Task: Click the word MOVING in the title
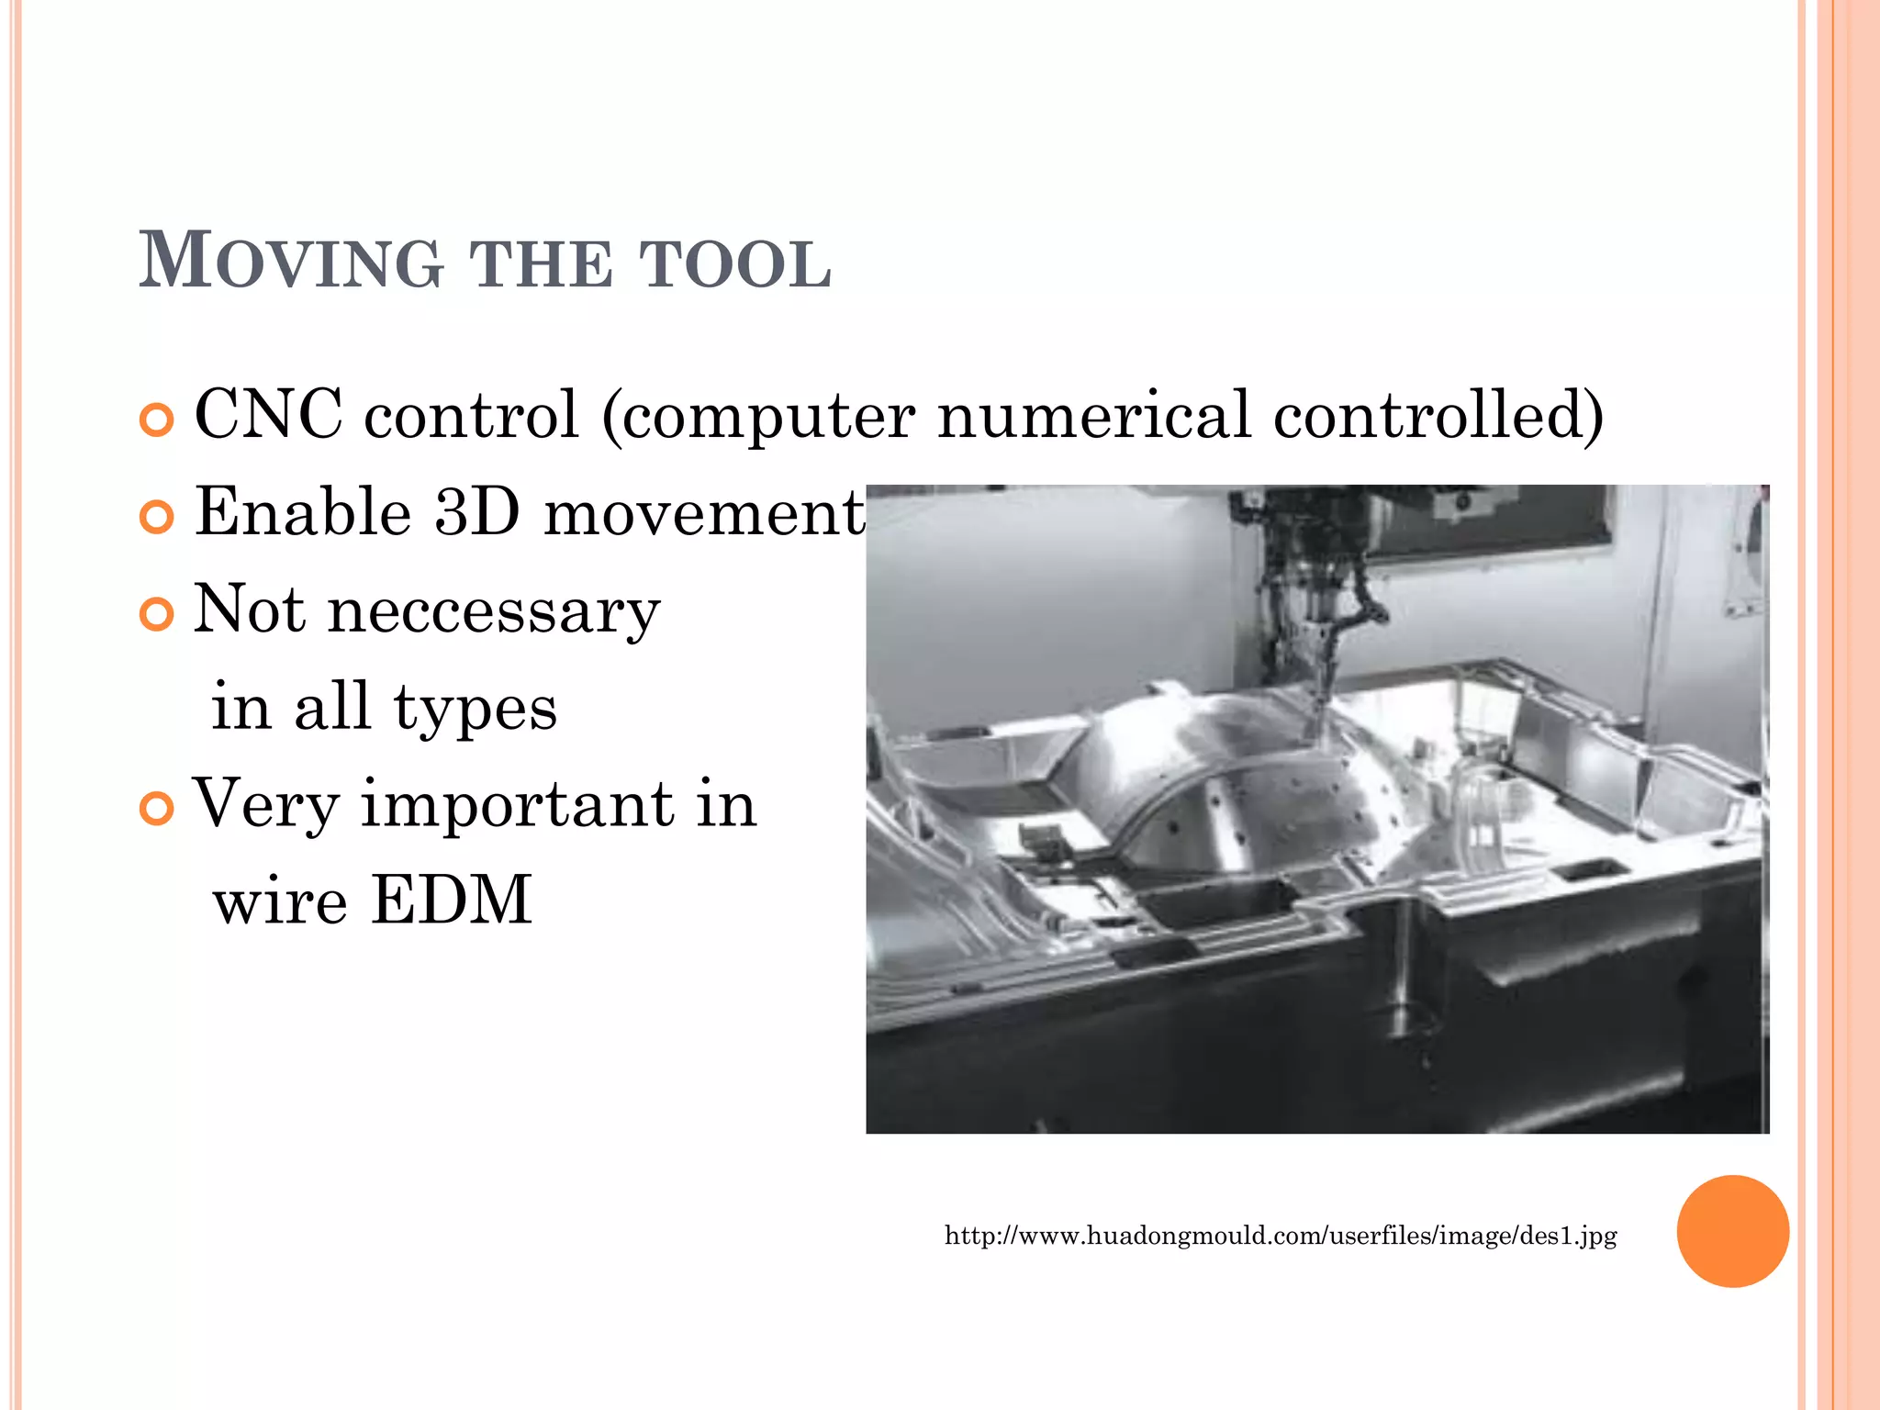click(x=291, y=262)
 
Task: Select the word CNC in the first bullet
click(x=269, y=414)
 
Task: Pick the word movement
click(x=704, y=513)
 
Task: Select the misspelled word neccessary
click(x=494, y=610)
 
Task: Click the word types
click(x=475, y=709)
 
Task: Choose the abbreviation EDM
click(x=452, y=900)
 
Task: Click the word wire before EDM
click(x=280, y=901)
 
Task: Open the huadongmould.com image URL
click(x=1281, y=1236)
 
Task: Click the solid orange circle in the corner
click(x=1732, y=1231)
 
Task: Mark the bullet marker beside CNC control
click(x=157, y=420)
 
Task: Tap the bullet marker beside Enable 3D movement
click(x=157, y=517)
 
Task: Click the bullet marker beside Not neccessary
click(x=157, y=614)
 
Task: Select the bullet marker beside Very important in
click(x=157, y=809)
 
